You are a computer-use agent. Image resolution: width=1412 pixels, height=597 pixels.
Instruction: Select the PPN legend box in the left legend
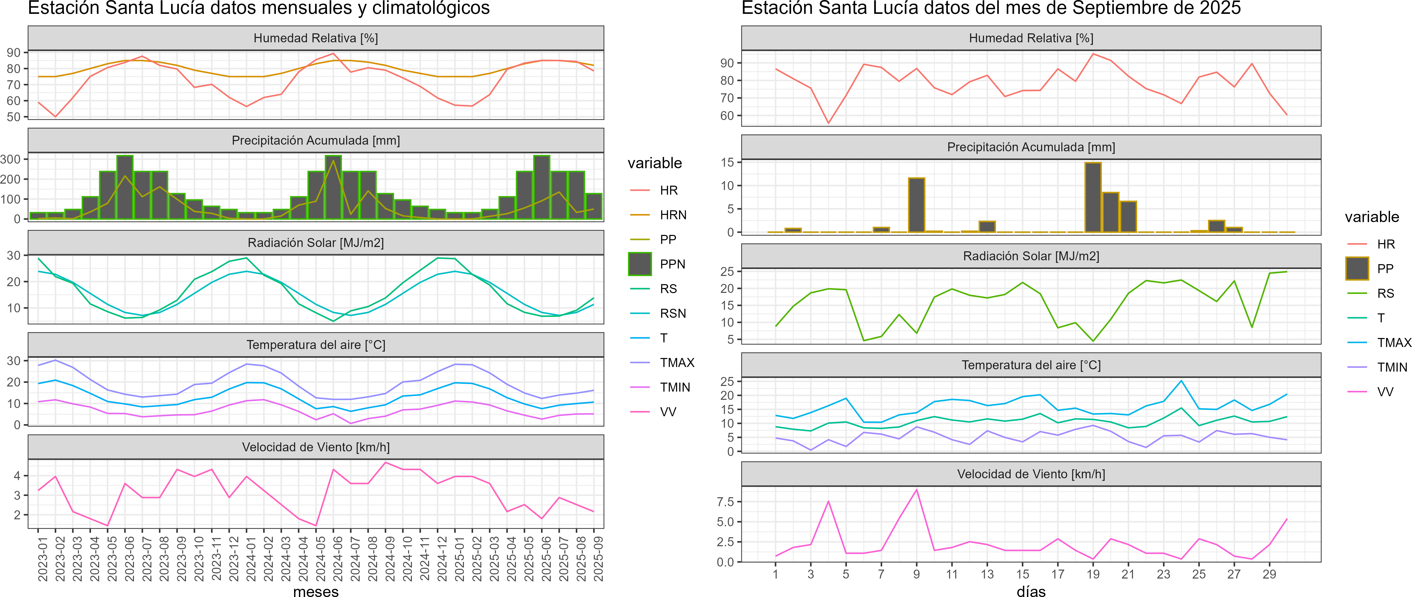(x=640, y=264)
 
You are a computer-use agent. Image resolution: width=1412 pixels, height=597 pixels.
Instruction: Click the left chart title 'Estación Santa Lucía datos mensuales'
(x=259, y=8)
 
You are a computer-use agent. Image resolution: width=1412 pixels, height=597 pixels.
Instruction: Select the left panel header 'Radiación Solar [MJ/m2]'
(x=316, y=243)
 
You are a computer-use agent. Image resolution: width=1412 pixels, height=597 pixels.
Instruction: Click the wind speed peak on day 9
(x=917, y=490)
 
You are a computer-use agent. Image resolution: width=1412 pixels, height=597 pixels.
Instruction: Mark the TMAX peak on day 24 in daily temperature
(x=1181, y=381)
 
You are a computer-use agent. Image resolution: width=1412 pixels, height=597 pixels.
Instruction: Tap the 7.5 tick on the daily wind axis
(x=725, y=502)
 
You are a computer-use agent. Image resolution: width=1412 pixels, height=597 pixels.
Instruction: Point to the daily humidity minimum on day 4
(x=828, y=123)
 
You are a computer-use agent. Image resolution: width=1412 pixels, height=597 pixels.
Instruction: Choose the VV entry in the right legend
(x=1385, y=392)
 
